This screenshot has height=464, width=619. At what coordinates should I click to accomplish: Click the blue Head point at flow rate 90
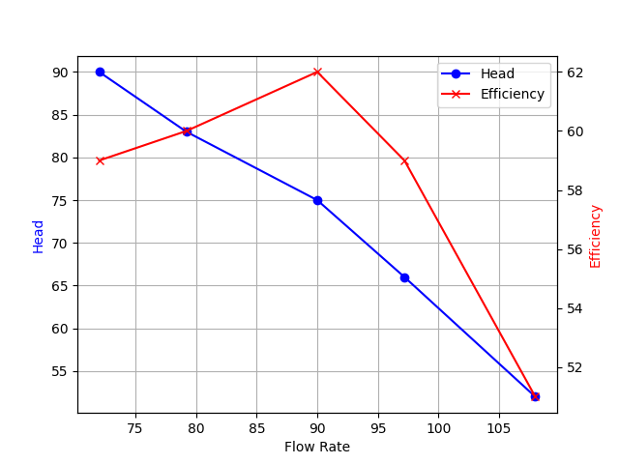tap(317, 200)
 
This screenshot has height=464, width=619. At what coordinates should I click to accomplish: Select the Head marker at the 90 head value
tap(100, 72)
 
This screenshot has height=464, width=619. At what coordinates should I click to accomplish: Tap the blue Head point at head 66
tap(404, 277)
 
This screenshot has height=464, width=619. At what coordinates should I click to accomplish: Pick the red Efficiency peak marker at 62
tap(317, 72)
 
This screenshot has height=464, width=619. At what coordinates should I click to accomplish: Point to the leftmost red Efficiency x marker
tap(100, 160)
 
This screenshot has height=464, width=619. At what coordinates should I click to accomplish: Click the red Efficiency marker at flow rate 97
tap(404, 160)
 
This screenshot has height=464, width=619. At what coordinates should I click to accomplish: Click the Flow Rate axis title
tap(317, 447)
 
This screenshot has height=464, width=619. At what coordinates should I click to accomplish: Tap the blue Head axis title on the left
tap(39, 236)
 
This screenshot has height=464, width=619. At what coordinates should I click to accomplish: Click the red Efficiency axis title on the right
tap(596, 236)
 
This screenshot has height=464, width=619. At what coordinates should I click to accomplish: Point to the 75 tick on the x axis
tap(135, 428)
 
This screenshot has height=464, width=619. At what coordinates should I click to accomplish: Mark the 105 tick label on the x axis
tap(499, 428)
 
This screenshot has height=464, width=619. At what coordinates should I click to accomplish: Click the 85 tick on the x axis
tap(256, 428)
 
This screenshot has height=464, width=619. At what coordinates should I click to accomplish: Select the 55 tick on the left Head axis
tap(60, 371)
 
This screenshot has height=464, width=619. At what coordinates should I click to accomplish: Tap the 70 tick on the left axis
tap(60, 244)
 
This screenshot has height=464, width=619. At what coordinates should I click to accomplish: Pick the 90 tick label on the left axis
tap(60, 72)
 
